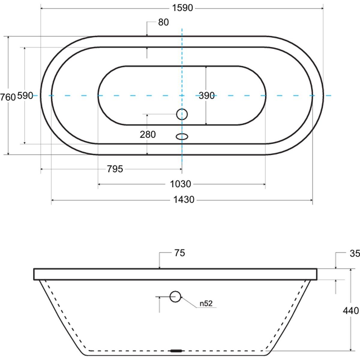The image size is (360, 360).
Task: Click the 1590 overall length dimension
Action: [182, 8]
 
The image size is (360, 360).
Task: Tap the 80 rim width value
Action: [163, 22]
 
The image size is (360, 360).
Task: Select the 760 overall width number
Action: [8, 97]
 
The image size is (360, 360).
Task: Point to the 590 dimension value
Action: [25, 96]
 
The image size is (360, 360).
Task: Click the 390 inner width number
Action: [207, 96]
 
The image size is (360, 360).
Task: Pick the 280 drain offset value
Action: [148, 134]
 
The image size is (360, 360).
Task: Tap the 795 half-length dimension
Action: [115, 169]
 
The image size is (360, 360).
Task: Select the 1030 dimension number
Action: [181, 184]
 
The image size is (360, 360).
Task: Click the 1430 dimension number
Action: [184, 200]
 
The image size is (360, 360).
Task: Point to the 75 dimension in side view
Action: [180, 253]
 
